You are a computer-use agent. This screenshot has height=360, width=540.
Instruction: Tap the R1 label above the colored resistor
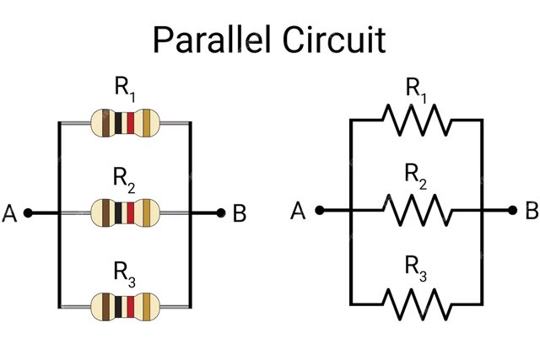click(125, 87)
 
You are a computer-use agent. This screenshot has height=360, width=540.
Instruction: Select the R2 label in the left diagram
click(125, 178)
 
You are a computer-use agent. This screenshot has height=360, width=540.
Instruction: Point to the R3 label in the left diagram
click(125, 271)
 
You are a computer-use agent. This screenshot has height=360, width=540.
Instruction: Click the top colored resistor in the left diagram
click(124, 123)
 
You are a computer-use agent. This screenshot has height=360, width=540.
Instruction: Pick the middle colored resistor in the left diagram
click(124, 212)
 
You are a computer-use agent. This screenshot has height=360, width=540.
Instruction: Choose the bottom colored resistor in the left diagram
click(124, 306)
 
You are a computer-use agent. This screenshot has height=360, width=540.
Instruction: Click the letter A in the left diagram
click(10, 214)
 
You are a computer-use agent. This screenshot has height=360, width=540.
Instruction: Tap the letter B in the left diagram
click(240, 214)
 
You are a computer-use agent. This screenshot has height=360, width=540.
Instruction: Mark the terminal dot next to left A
click(28, 213)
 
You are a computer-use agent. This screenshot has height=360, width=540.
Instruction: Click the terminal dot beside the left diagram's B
click(221, 213)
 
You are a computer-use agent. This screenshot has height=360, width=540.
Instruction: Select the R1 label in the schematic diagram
click(416, 87)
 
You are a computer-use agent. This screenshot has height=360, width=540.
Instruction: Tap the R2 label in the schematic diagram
click(416, 175)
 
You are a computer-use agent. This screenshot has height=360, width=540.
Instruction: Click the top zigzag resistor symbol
click(415, 119)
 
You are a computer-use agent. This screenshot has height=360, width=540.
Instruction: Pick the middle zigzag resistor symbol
click(415, 208)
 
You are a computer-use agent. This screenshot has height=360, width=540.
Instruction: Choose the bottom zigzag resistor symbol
click(415, 302)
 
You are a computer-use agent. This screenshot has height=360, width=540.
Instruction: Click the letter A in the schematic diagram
click(298, 210)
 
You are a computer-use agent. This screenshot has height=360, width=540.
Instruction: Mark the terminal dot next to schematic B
click(511, 209)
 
